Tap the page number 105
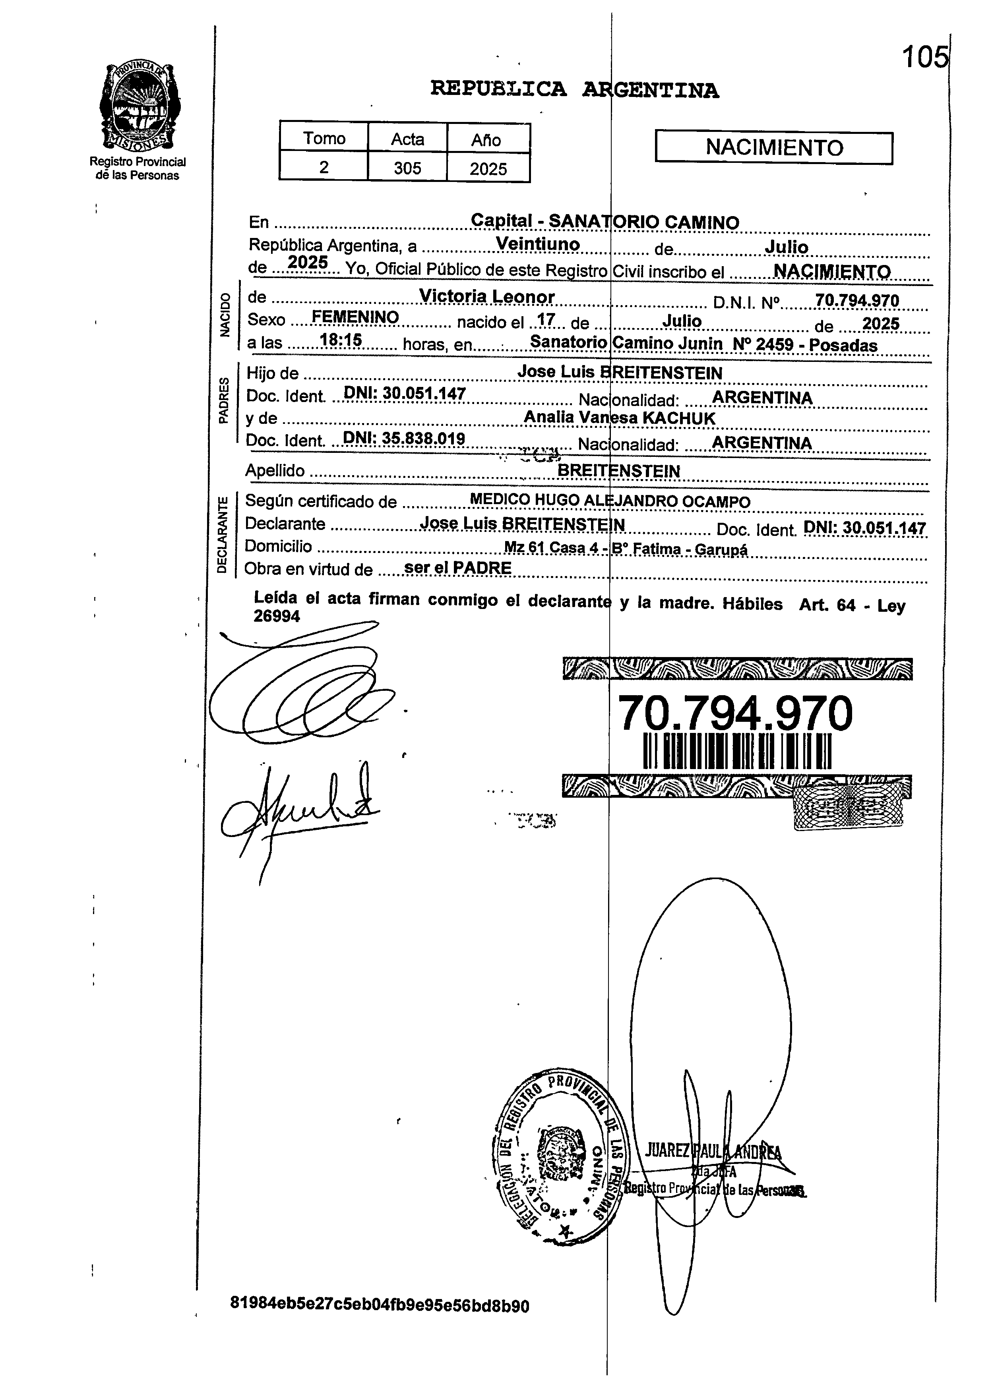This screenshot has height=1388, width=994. (x=924, y=58)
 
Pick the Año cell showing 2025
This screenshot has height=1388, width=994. (x=488, y=168)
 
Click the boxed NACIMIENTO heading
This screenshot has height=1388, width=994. (x=774, y=147)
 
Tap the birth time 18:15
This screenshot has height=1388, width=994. (x=341, y=340)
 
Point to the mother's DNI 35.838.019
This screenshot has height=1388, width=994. (x=404, y=439)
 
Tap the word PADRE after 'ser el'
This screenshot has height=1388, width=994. (x=483, y=568)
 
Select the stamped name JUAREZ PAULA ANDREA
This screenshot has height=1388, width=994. (x=713, y=1151)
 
